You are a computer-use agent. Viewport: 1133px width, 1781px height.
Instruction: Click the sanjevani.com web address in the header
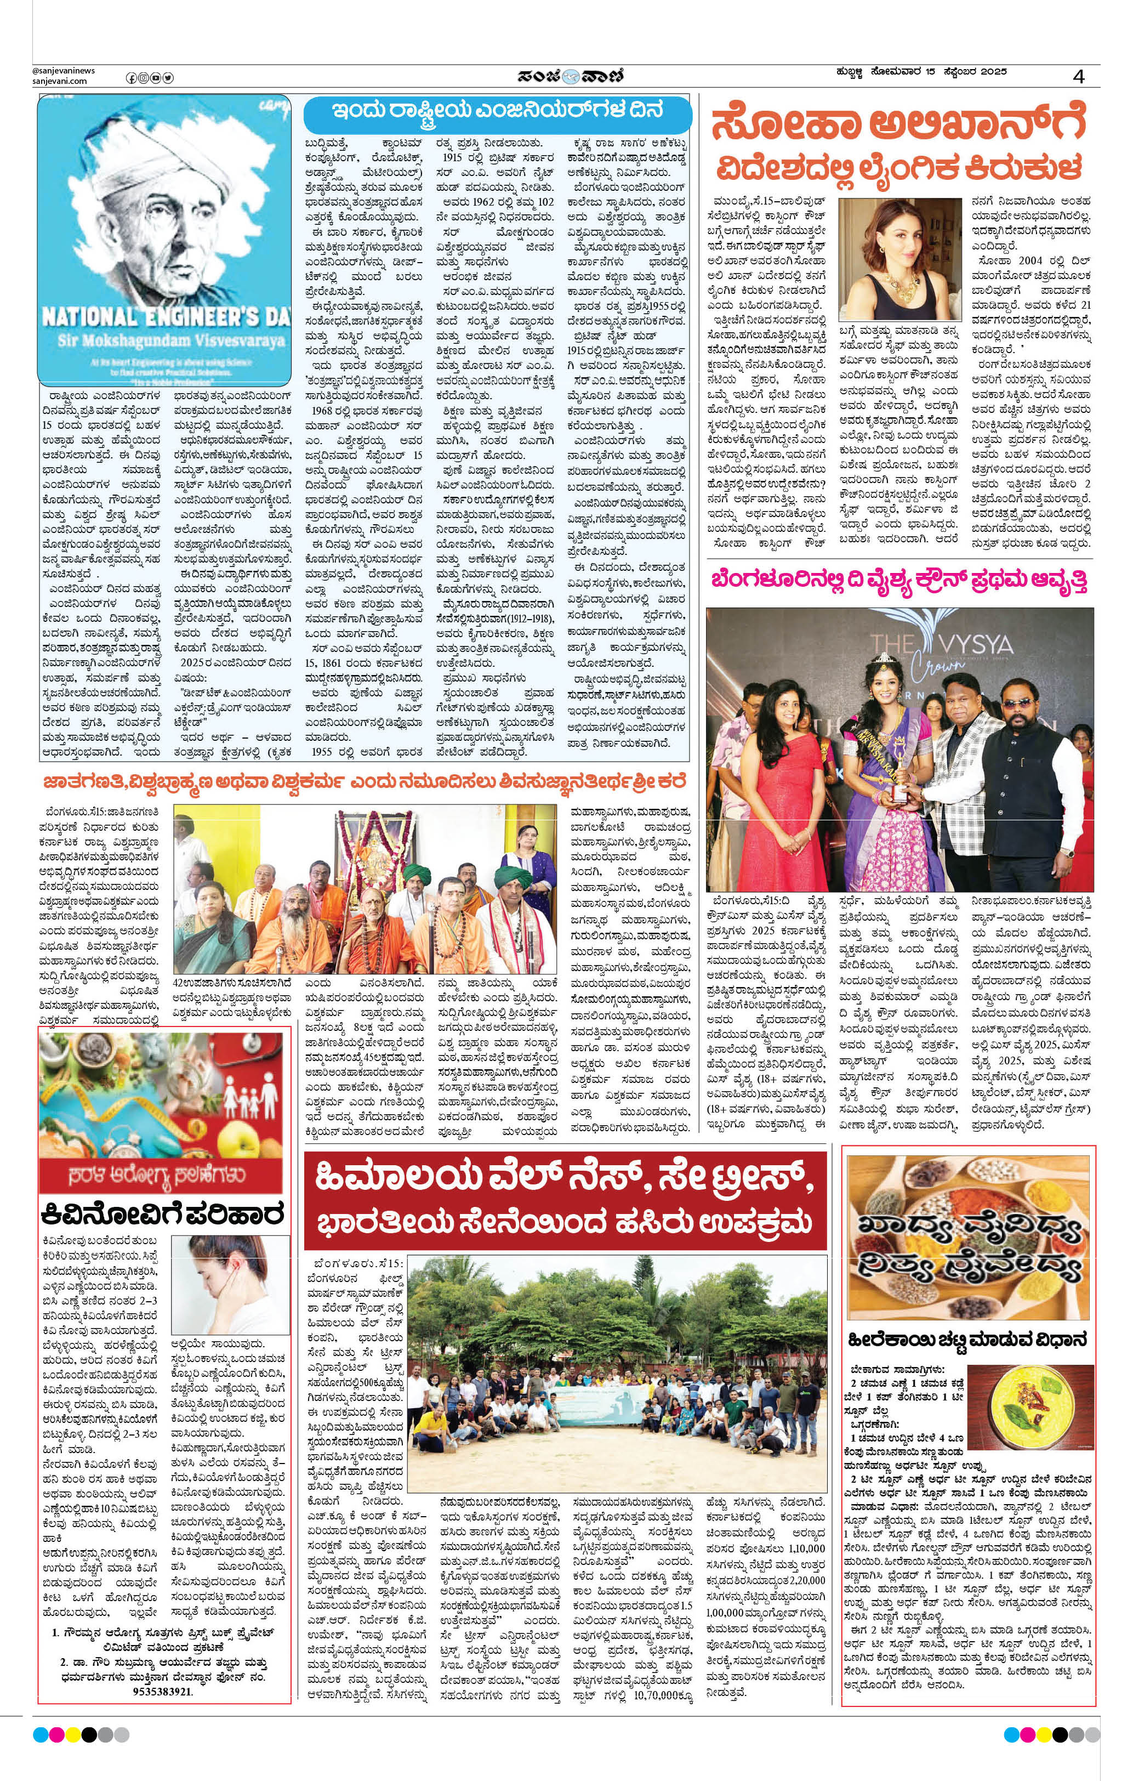tap(59, 81)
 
